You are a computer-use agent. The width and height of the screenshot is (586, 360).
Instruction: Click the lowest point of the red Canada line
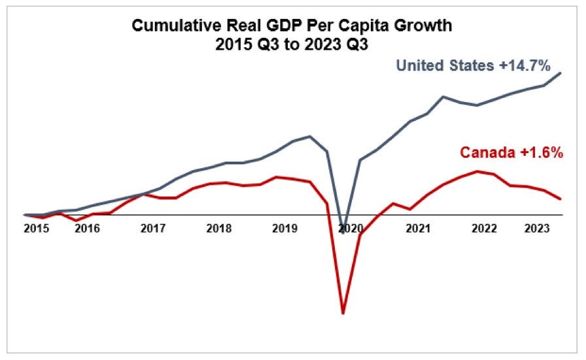coord(343,313)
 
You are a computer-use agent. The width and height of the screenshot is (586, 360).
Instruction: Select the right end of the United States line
coord(561,73)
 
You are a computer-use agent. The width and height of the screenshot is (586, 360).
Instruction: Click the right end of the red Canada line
coord(561,199)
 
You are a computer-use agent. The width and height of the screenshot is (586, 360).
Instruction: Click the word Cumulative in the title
coord(171,26)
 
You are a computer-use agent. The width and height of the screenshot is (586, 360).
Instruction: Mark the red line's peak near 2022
coord(478,171)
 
